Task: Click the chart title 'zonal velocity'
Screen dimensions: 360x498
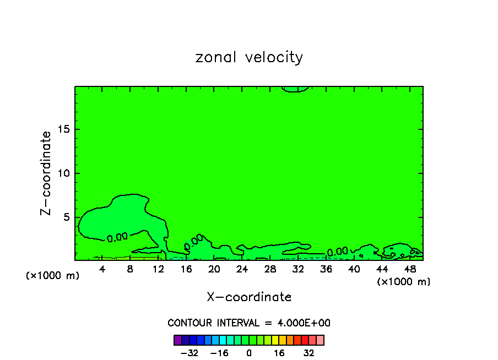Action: [249, 57]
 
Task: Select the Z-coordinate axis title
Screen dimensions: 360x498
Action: [47, 173]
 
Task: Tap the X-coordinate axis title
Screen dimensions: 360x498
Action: [249, 297]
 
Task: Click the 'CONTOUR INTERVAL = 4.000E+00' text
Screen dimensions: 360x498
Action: [249, 323]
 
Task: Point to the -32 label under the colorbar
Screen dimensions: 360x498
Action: [189, 353]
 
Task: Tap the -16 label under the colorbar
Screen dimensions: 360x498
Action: [219, 353]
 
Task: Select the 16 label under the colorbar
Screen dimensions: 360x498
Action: [279, 353]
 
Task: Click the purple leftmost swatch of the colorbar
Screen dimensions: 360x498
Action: [177, 340]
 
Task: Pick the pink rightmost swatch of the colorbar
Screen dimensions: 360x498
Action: [320, 340]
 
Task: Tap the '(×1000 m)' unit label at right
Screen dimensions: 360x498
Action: [404, 282]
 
